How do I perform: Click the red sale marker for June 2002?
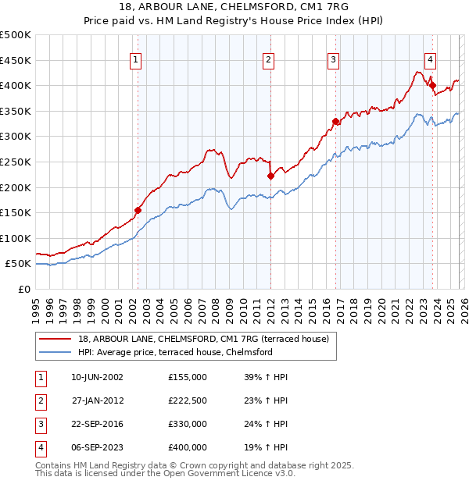[138, 210]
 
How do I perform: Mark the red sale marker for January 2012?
[270, 176]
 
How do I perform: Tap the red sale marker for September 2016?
[335, 121]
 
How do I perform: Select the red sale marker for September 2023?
[432, 85]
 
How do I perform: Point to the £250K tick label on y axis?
[16, 162]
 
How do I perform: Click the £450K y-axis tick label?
[16, 60]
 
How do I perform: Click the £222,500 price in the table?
[188, 400]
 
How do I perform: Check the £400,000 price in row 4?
[188, 447]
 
